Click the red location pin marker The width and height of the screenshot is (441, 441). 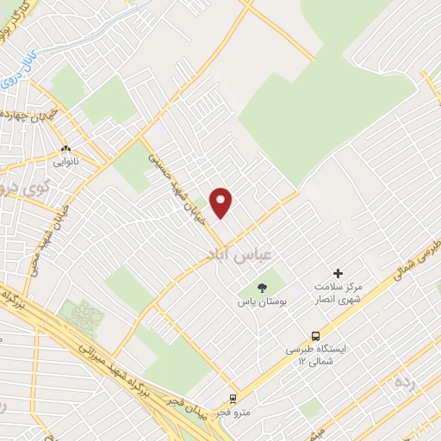click(221, 202)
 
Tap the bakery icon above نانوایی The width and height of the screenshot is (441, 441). click(65, 148)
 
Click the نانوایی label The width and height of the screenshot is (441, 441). click(65, 161)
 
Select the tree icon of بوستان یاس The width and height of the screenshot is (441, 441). click(264, 288)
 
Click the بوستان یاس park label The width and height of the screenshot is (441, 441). click(263, 302)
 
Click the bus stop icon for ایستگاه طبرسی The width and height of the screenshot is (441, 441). click(315, 335)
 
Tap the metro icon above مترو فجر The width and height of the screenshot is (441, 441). click(232, 398)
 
